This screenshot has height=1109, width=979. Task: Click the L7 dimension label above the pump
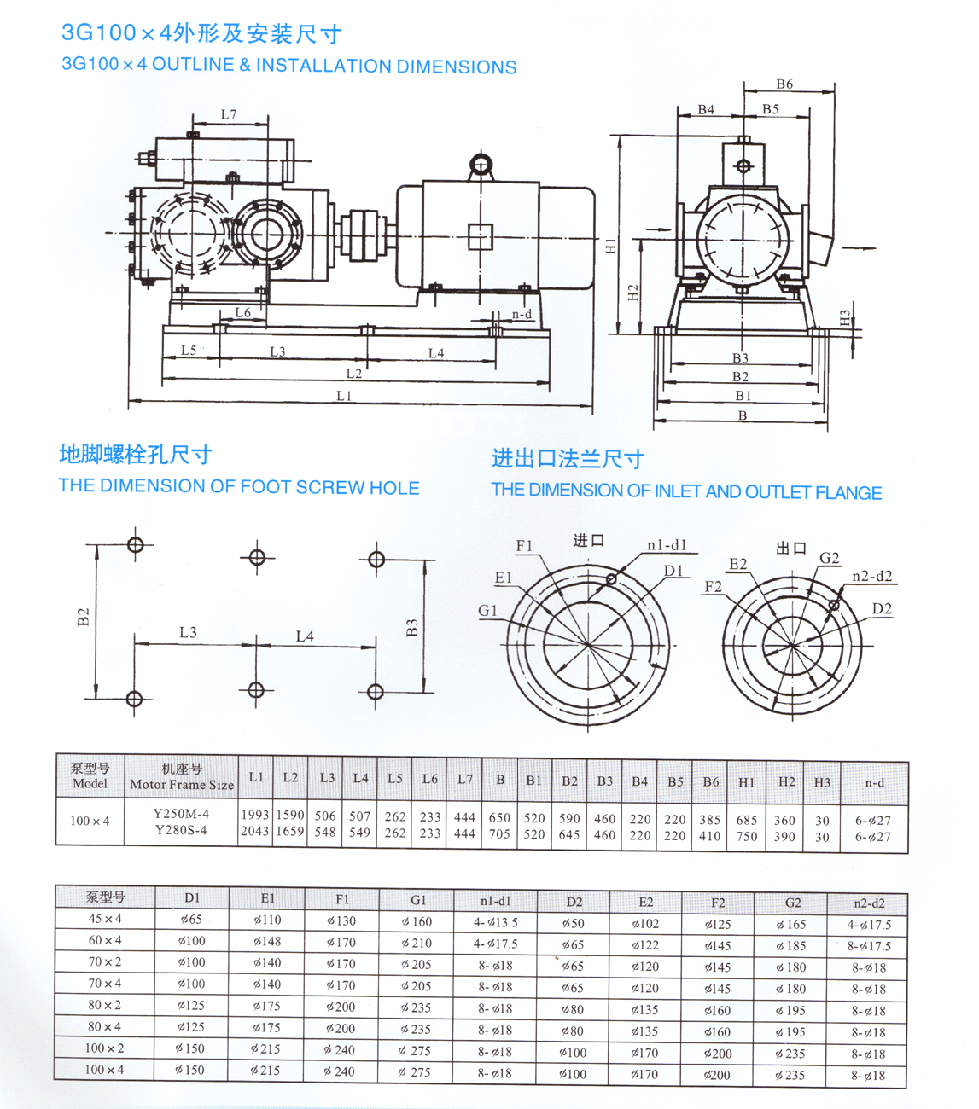[228, 114]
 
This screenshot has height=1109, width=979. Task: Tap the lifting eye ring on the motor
[481, 163]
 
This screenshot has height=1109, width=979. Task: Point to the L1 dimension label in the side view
[343, 395]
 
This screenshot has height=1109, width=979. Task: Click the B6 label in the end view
[784, 84]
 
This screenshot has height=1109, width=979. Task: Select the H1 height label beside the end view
[610, 247]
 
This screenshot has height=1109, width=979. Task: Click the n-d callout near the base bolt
[522, 314]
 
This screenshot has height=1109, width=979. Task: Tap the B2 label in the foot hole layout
[83, 616]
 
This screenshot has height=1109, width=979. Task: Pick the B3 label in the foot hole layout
[412, 629]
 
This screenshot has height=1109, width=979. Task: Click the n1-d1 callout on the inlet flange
[667, 545]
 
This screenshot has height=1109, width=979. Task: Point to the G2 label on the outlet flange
[829, 558]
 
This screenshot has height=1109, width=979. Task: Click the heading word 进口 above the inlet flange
[588, 540]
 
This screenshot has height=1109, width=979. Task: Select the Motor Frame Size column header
[182, 784]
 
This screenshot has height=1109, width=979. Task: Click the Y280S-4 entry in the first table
[180, 830]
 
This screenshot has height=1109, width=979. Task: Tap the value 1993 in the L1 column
[254, 815]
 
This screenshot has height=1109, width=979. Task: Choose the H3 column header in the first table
[822, 782]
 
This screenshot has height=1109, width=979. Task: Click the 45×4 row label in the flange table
[105, 919]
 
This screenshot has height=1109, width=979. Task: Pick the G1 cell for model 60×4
[417, 943]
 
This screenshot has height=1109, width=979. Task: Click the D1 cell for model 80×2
[191, 1005]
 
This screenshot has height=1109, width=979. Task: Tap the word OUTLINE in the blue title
[193, 66]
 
